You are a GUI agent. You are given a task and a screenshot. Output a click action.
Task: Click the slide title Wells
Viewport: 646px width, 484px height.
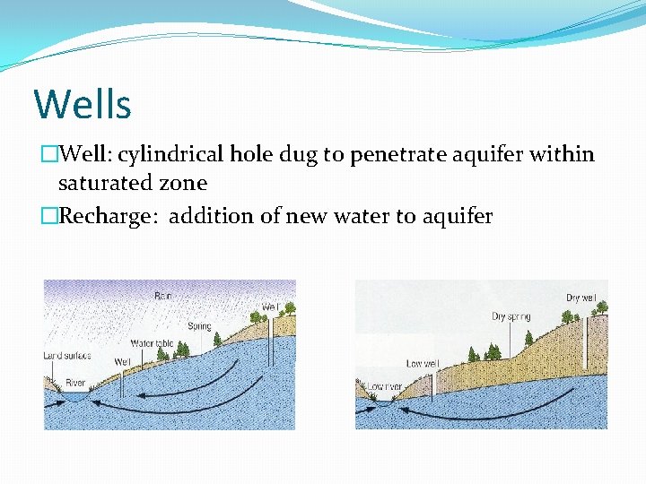(x=83, y=104)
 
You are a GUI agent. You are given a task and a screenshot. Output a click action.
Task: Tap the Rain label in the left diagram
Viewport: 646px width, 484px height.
(x=162, y=295)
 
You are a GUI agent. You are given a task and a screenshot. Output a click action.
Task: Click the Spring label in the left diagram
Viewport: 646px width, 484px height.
(x=199, y=326)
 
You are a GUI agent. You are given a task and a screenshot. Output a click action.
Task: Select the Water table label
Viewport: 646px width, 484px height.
(x=153, y=342)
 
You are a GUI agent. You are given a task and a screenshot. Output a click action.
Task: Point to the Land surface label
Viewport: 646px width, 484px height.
(x=67, y=356)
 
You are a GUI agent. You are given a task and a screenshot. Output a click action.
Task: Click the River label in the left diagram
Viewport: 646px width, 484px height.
(x=74, y=383)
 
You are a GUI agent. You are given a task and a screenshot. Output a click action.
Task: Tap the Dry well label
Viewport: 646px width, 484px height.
(x=581, y=298)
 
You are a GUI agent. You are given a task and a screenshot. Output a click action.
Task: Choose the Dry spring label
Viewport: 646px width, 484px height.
(x=511, y=316)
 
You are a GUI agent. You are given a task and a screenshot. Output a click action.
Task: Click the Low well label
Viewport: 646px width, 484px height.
(x=422, y=364)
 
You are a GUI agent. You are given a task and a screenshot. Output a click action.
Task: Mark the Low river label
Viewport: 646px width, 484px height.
(x=383, y=387)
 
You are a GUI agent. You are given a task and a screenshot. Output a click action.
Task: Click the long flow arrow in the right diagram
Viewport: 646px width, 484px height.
(x=484, y=411)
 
